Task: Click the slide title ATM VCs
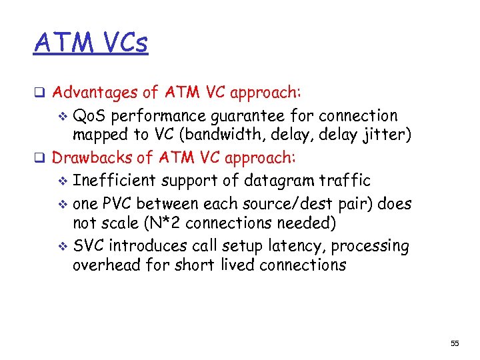point(91,43)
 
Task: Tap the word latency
point(291,246)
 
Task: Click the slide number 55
point(455,343)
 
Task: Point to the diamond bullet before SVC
point(63,247)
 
